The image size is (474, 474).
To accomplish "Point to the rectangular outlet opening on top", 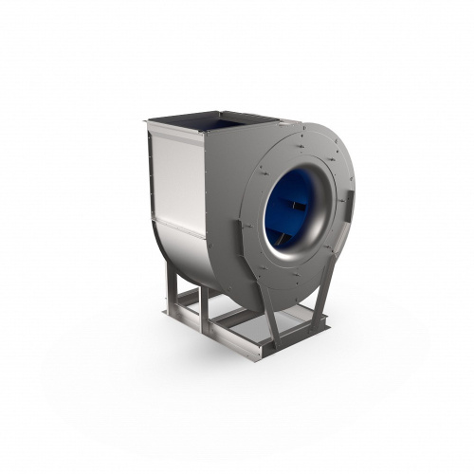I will click(213, 121).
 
